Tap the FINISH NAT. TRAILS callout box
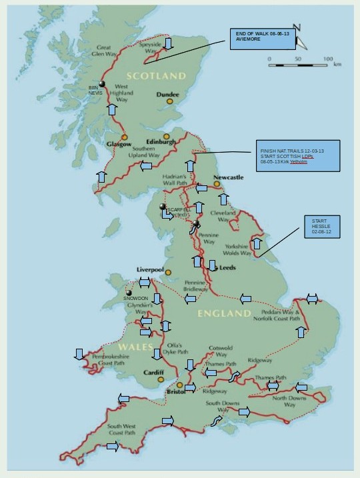297,156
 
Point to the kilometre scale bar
299,65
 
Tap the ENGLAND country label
221,313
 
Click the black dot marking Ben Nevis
102,84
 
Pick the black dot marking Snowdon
128,293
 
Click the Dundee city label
167,95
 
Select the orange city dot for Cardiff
161,381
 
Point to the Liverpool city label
150,269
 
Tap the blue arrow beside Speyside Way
169,44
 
